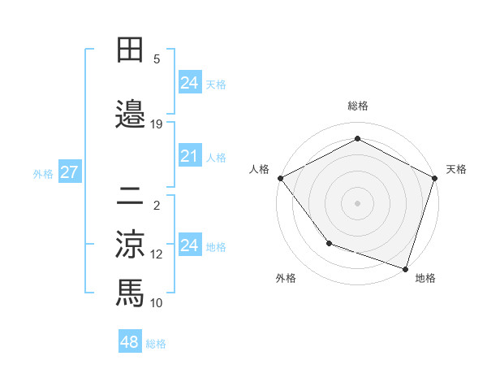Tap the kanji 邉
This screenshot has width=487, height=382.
point(130,115)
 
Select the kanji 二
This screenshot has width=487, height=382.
point(130,196)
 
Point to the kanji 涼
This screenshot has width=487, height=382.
point(130,243)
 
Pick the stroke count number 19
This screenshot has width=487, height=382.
point(157,124)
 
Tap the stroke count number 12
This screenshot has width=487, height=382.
point(157,254)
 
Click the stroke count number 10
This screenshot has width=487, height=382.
point(157,302)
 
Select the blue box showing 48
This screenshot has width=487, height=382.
point(130,342)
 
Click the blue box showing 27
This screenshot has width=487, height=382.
point(69,172)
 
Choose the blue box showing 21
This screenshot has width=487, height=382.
point(189,156)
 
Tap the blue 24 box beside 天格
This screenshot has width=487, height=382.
point(189,82)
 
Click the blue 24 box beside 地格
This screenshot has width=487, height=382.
point(189,245)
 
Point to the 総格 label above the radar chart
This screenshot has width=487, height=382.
point(357,106)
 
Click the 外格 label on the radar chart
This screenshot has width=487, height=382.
point(286,278)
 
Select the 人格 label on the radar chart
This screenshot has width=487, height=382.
point(260,169)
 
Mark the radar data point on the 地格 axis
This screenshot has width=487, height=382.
point(405,268)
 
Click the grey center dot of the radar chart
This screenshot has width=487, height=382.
point(357,202)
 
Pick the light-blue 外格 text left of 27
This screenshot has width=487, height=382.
point(43,173)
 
